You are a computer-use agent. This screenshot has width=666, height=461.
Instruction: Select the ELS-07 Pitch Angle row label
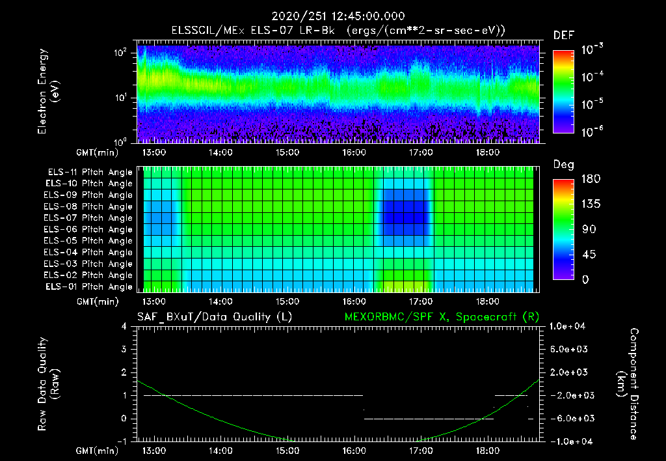pyautogui.click(x=88, y=218)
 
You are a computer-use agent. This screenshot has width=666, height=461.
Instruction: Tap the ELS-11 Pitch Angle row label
pyautogui.click(x=88, y=172)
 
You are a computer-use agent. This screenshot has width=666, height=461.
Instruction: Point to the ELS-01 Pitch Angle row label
pyautogui.click(x=88, y=286)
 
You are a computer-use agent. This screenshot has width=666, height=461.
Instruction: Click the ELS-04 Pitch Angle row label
pyautogui.click(x=88, y=252)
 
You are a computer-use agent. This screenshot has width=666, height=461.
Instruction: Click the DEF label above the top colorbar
pyautogui.click(x=563, y=35)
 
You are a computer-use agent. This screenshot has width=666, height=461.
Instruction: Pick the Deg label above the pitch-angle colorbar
pyautogui.click(x=563, y=165)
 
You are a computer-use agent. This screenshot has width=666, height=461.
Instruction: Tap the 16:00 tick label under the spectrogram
pyautogui.click(x=354, y=152)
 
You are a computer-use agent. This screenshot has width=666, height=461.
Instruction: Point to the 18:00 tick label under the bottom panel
pyautogui.click(x=487, y=451)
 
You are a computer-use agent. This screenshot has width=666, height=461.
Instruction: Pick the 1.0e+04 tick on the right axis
pyautogui.click(x=570, y=326)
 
